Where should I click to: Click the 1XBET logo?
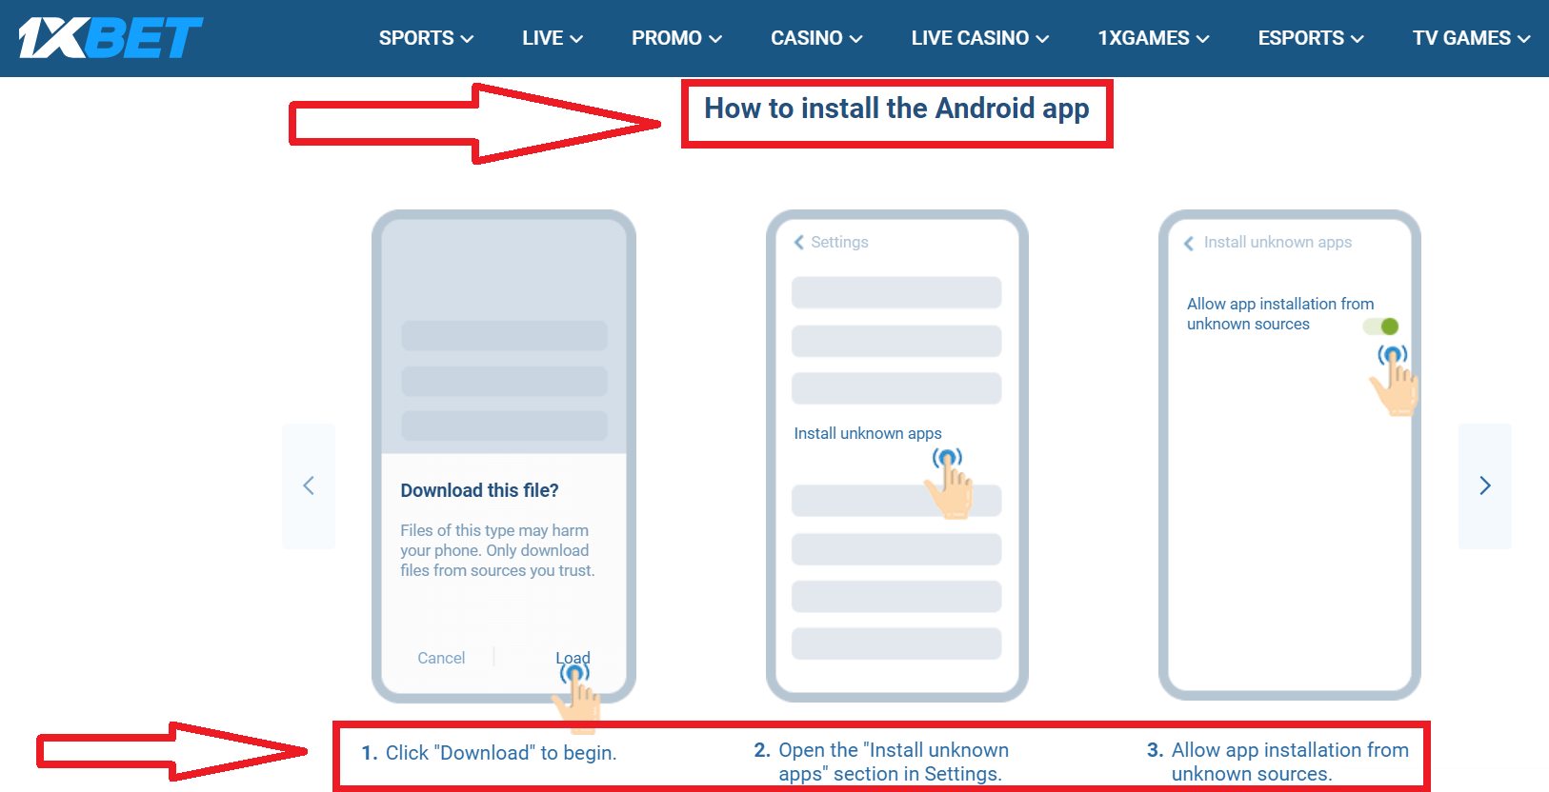click(x=111, y=38)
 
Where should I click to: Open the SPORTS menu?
click(x=426, y=38)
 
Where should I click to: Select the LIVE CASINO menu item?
click(x=979, y=38)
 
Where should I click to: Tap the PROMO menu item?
click(x=676, y=38)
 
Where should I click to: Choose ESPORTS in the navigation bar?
click(x=1310, y=38)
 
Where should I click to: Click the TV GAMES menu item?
click(x=1470, y=38)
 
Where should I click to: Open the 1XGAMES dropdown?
click(x=1153, y=38)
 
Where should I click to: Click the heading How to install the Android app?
click(x=896, y=109)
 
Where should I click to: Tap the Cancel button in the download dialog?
click(x=441, y=658)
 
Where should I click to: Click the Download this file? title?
click(x=479, y=490)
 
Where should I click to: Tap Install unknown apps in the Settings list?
click(x=868, y=433)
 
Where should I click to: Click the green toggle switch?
click(x=1381, y=327)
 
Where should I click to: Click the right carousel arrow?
click(x=1484, y=485)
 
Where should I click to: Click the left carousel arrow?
click(x=309, y=485)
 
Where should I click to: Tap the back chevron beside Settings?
click(x=799, y=243)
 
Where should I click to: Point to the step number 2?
click(x=761, y=750)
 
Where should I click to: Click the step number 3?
click(x=1155, y=750)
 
